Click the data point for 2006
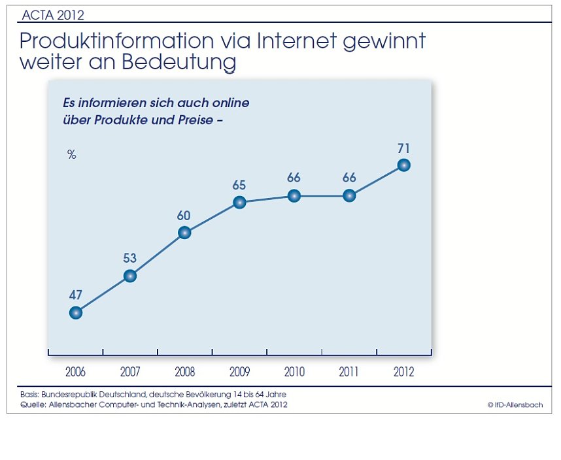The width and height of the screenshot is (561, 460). pyautogui.click(x=76, y=312)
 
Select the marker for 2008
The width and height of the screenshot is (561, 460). pyautogui.click(x=184, y=233)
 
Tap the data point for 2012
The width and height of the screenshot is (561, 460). pyautogui.click(x=403, y=165)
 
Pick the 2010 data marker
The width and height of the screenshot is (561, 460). pyautogui.click(x=294, y=195)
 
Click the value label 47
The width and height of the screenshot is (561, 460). pyautogui.click(x=76, y=295)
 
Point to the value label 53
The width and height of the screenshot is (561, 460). pyautogui.click(x=130, y=258)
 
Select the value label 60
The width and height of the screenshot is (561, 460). pyautogui.click(x=184, y=215)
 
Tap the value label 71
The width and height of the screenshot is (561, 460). pyautogui.click(x=403, y=148)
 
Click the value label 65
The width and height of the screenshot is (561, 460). pyautogui.click(x=239, y=185)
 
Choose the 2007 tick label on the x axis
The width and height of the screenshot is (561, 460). pyautogui.click(x=130, y=372)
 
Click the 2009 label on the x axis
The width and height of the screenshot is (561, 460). pyautogui.click(x=239, y=372)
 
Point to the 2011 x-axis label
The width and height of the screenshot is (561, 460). pyautogui.click(x=349, y=372)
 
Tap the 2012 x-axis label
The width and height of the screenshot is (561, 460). pyautogui.click(x=403, y=372)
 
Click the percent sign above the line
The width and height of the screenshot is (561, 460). pyautogui.click(x=72, y=155)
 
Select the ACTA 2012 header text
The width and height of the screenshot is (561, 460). pyautogui.click(x=53, y=14)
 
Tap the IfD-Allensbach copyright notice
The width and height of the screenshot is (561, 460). pyautogui.click(x=515, y=405)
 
